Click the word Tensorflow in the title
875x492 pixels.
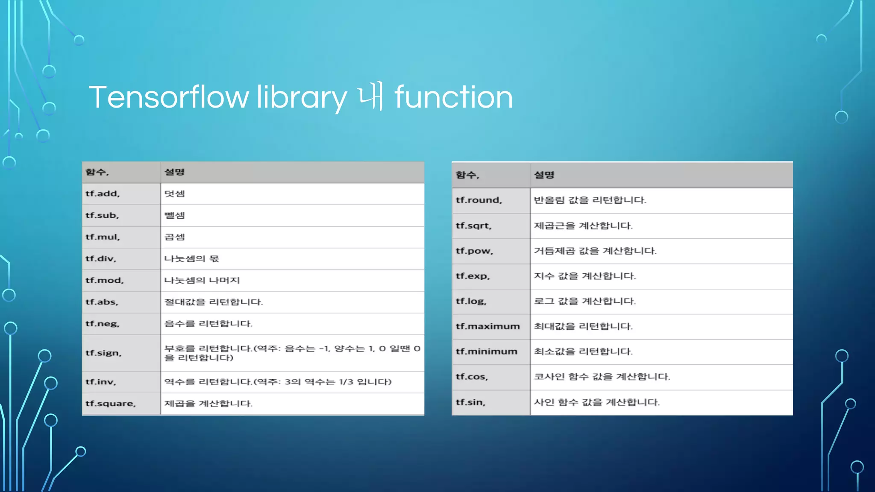click(x=169, y=97)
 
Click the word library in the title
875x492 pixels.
click(x=302, y=97)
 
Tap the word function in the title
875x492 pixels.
click(x=453, y=97)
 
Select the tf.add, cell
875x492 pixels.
click(x=103, y=194)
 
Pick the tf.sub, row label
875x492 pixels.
click(x=102, y=216)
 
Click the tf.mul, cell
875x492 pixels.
click(x=103, y=237)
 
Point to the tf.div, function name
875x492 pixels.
click(x=101, y=259)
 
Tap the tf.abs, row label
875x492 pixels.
click(x=102, y=302)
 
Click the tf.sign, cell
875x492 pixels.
click(x=103, y=353)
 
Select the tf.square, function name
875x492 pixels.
click(x=111, y=404)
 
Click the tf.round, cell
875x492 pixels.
click(x=479, y=200)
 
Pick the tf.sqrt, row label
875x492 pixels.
click(x=474, y=226)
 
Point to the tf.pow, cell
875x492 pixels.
click(x=474, y=251)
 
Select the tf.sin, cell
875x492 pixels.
click(x=470, y=402)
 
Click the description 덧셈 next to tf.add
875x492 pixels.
click(x=175, y=194)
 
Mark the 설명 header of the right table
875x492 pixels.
click(x=544, y=175)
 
